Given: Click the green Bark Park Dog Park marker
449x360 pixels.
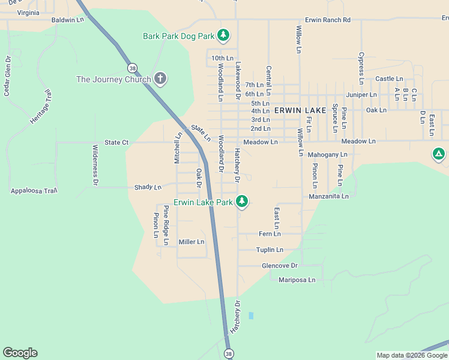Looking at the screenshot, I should tap(223, 35).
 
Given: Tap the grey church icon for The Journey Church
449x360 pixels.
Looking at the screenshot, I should tap(160, 79).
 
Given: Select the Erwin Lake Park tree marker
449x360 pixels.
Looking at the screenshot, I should tap(242, 202).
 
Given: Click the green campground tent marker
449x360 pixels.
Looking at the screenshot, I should tap(439, 154).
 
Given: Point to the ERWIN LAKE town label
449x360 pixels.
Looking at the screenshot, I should tap(300, 110).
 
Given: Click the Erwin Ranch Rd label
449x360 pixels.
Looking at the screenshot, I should tap(327, 20).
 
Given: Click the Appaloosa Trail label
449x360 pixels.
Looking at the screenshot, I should tap(34, 191).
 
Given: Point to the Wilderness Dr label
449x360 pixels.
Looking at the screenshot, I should tap(95, 164).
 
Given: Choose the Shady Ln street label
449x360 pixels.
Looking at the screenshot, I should tap(148, 187).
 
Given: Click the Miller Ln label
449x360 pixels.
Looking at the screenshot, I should tap(191, 242).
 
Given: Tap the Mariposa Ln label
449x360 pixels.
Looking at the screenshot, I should tap(297, 280).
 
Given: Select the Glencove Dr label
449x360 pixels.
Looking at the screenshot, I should tap(279, 265).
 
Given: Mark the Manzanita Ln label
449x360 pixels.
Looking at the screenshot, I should tap(328, 196).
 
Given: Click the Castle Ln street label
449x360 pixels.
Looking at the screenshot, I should tap(389, 79).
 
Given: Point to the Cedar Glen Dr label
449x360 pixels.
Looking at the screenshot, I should tap(7, 76).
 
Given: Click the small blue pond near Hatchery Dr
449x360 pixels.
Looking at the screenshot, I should tap(251, 315).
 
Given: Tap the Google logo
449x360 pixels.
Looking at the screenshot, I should tap(20, 353).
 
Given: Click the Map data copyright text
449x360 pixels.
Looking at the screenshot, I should tap(411, 355).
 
